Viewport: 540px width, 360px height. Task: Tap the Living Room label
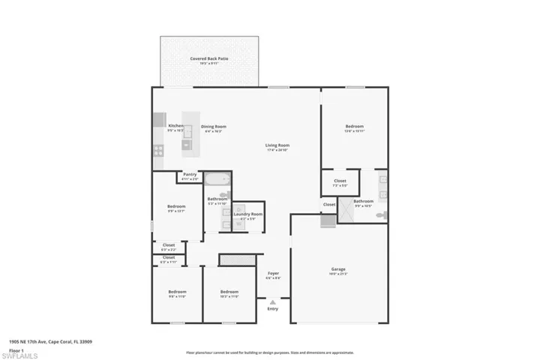click(277, 145)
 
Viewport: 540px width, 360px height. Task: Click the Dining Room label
click(213, 127)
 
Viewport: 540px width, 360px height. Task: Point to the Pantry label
click(190, 175)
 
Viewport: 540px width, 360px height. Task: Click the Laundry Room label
click(247, 214)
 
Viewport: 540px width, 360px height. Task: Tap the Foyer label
click(273, 274)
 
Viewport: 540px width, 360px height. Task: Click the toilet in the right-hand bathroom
click(380, 214)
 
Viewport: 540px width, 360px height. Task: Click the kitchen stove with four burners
click(159, 149)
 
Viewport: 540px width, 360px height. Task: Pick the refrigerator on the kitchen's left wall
click(159, 119)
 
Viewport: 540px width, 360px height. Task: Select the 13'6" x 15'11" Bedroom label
click(354, 127)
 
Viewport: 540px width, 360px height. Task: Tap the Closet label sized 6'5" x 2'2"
click(169, 245)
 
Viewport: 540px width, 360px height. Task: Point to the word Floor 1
click(16, 350)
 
